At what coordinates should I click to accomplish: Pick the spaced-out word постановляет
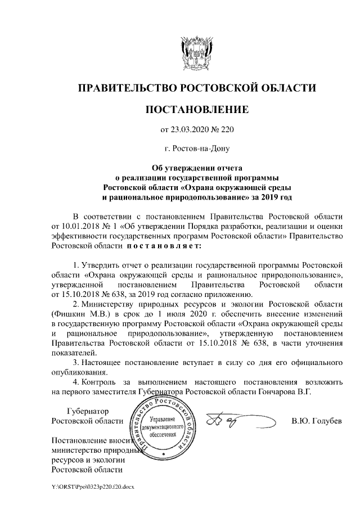164,245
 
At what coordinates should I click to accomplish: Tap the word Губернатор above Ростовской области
88,412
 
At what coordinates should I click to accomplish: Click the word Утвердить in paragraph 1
101,264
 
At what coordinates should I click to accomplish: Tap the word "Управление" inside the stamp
165,420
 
